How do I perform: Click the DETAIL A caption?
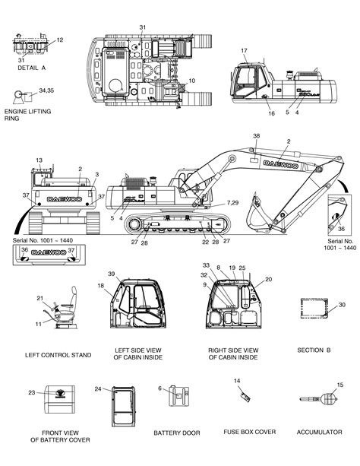pos(31,68)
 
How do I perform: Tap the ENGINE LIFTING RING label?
pos(24,114)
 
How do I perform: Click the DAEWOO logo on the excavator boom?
pos(281,163)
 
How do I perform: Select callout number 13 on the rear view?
pos(39,160)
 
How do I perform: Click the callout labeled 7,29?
pos(232,204)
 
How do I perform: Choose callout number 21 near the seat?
pos(39,299)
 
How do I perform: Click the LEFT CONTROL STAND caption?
pos(58,355)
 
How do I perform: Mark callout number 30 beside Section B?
pos(342,305)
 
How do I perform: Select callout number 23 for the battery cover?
pos(31,392)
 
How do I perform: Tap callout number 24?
pos(98,388)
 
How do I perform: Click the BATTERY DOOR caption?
pos(176,433)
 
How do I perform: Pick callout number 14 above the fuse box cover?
pos(237,380)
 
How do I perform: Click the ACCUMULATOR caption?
pos(319,432)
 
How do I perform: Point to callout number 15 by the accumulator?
pos(340,385)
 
